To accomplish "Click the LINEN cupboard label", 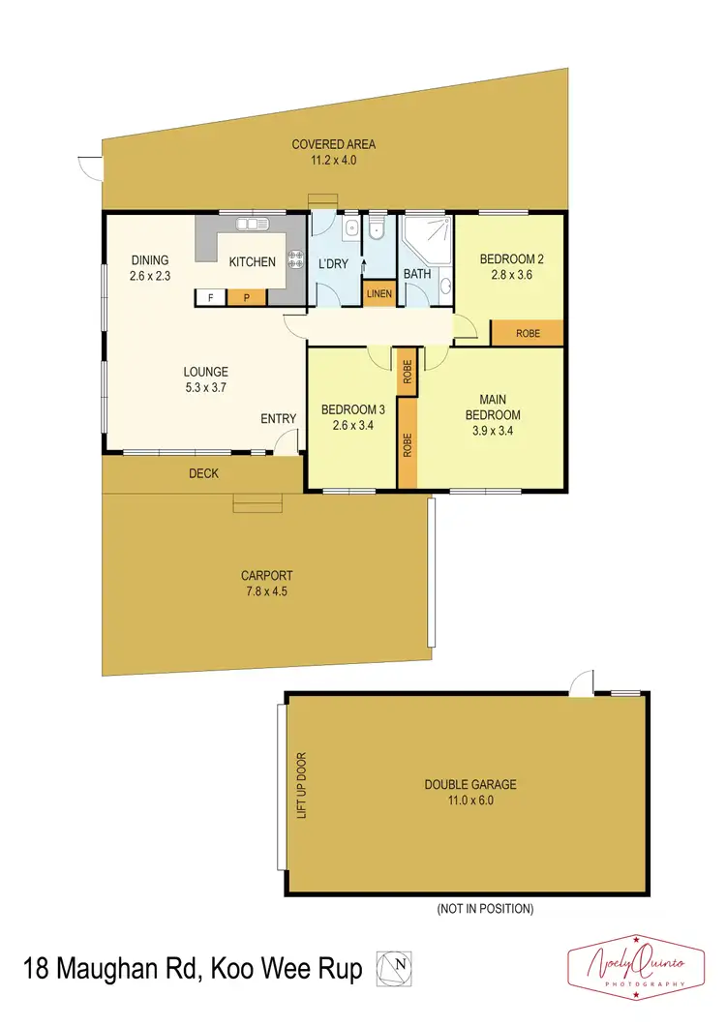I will pos(378,294).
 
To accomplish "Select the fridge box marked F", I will pos(210,298).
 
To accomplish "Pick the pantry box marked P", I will pos(247,298).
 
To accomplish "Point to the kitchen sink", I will pos(253,226).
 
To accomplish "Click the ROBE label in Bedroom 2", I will pos(528,333).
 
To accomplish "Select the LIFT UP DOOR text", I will pos(301,786).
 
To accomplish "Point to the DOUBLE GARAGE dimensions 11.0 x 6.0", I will pos(470,800).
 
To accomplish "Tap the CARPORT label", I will pos(266,576).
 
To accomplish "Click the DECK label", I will pos(204,473).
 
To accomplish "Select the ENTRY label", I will pos(279,418).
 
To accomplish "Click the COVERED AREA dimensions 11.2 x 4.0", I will pos(334,161).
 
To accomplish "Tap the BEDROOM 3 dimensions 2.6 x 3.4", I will pos(348,424).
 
